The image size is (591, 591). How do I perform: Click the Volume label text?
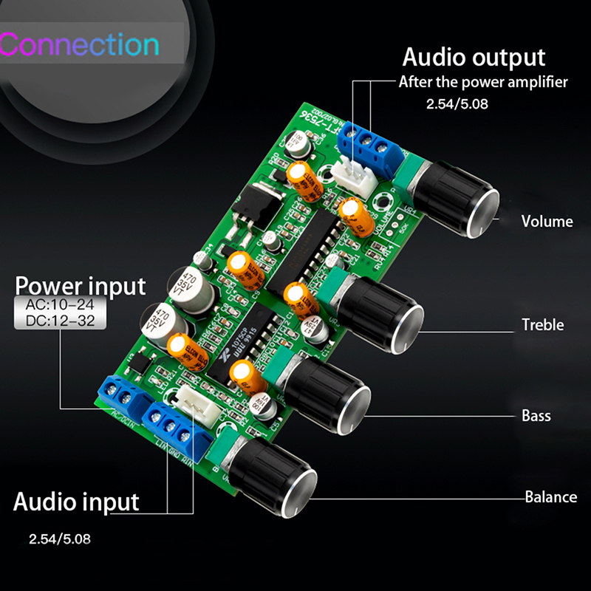[547, 221]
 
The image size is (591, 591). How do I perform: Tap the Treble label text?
[542, 324]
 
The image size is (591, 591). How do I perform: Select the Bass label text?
[536, 415]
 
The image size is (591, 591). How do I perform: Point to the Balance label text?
[550, 496]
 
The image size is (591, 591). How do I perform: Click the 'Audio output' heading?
[474, 57]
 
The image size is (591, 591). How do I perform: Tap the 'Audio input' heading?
[76, 502]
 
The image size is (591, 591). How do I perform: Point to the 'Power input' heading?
[81, 285]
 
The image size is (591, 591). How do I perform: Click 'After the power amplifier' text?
[483, 82]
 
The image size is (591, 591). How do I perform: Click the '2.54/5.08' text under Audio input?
[60, 539]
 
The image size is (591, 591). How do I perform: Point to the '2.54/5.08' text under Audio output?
[457, 105]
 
